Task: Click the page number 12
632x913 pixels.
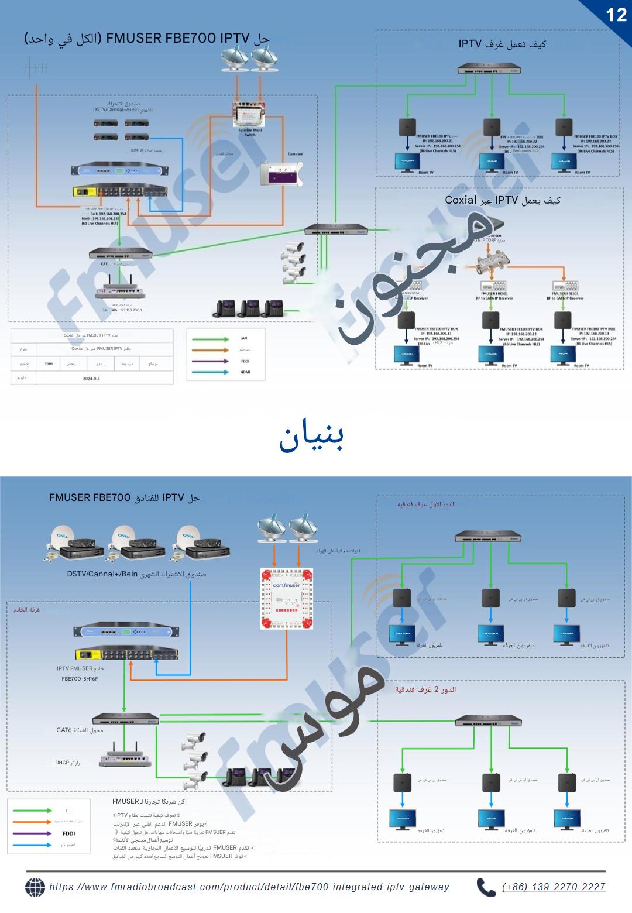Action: (616, 15)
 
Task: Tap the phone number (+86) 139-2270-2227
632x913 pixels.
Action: (553, 887)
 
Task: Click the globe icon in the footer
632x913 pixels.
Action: (35, 887)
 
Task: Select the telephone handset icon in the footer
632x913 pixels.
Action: (486, 887)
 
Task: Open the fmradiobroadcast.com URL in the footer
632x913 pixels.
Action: (249, 887)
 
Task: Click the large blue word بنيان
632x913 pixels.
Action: (311, 436)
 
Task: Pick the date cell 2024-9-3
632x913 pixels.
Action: (91, 379)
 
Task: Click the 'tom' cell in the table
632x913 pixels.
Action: (49, 363)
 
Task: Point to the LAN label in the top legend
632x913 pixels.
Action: (244, 338)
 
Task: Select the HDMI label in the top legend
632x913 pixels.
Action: (245, 372)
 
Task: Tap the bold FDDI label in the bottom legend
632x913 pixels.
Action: (68, 833)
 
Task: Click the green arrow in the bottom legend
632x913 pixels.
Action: (33, 811)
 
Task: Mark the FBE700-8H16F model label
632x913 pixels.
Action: (80, 679)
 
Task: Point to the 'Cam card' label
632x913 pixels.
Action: (296, 154)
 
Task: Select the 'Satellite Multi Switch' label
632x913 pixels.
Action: (250, 132)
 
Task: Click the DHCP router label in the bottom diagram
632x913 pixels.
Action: (67, 763)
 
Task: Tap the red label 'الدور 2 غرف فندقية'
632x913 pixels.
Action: (425, 689)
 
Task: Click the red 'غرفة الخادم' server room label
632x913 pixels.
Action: (27, 610)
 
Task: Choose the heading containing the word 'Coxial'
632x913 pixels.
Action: (502, 200)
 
